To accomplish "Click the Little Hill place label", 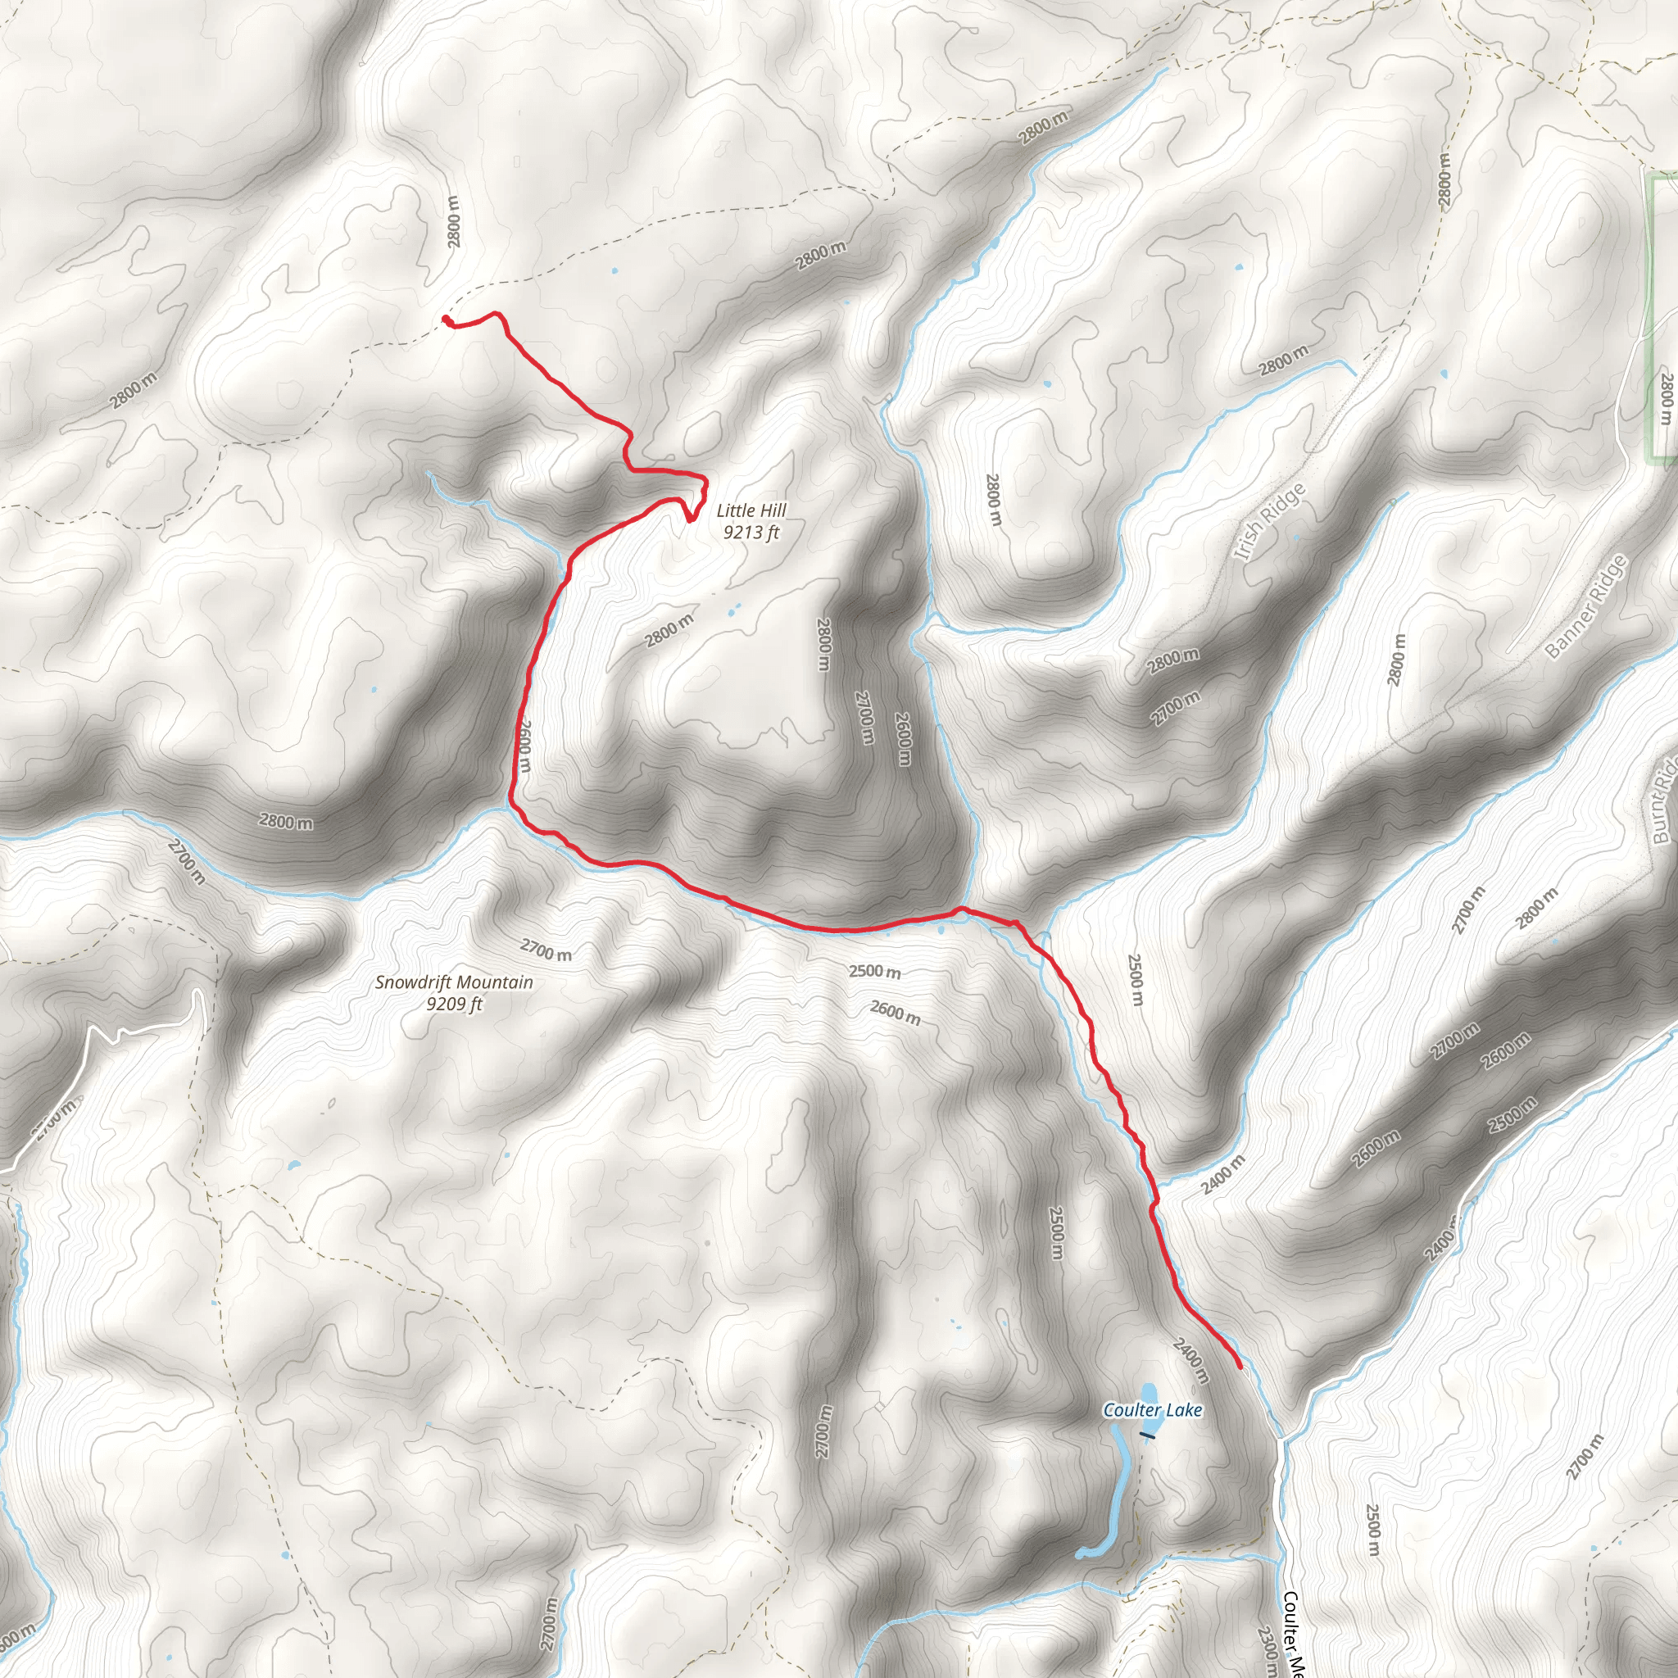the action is coord(751,510).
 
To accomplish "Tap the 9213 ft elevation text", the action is coord(751,533).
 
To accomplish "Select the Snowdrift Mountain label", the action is coord(453,982).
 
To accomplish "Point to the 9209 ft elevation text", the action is coord(453,1004).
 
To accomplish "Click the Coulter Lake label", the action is coord(1152,1409).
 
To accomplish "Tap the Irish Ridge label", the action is coord(1269,522).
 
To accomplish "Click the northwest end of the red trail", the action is coord(446,319).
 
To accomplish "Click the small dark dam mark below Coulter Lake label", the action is coord(1148,1435).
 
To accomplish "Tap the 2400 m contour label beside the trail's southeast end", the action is coord(1190,1361).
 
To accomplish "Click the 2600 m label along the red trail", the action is coord(523,746).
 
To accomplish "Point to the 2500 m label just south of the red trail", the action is coord(874,971).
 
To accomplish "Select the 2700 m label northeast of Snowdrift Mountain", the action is coord(546,950).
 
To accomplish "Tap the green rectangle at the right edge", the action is coord(1663,317).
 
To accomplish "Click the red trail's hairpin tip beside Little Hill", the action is coord(689,520).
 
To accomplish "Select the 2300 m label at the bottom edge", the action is coord(1267,1650).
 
